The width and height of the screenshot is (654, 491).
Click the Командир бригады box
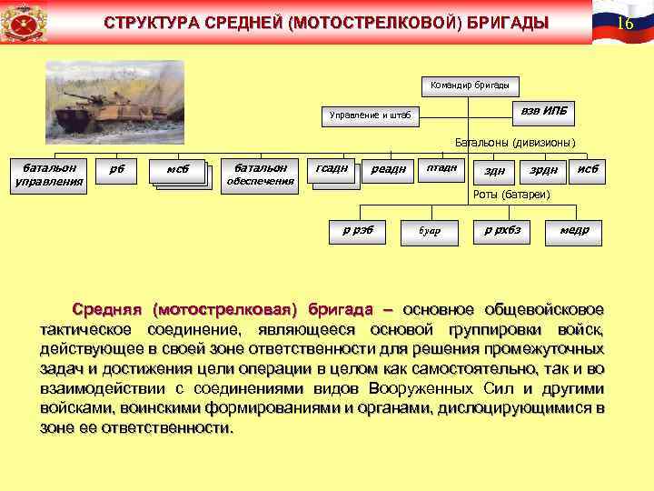[469, 86]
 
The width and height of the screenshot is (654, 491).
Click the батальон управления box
[49, 174]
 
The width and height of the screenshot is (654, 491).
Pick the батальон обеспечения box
[260, 174]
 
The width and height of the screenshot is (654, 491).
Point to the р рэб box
[351, 230]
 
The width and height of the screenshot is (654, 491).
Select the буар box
[429, 231]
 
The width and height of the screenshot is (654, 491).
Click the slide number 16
[624, 22]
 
